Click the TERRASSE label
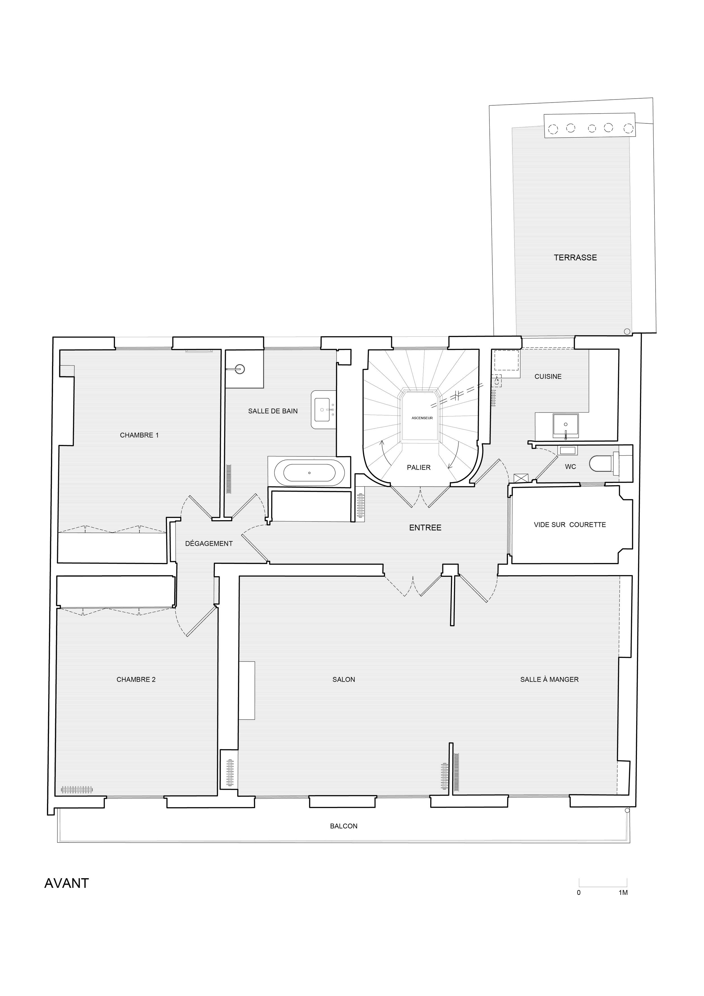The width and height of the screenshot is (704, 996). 575,258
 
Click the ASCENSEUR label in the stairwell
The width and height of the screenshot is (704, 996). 422,418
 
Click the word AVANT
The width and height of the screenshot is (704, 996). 67,884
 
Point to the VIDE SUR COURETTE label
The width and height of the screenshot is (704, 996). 570,525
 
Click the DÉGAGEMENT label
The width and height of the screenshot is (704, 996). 209,544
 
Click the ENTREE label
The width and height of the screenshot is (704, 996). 425,528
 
